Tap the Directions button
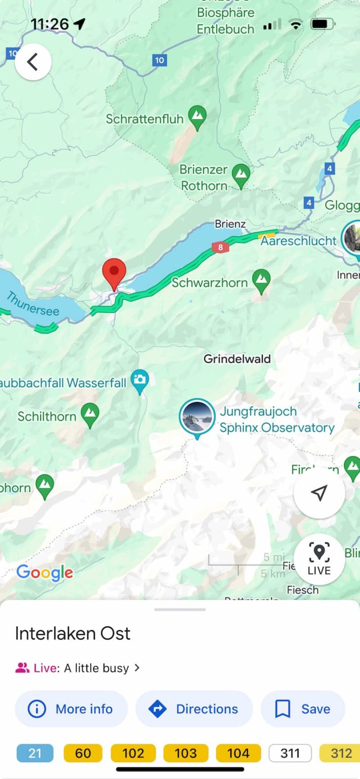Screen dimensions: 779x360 point(194,709)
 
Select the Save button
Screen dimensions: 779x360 point(303,709)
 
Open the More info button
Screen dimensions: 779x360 point(71,709)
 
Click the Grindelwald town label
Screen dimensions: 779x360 point(237,359)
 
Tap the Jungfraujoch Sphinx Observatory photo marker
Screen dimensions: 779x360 point(197,416)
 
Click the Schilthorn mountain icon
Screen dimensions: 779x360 point(90,415)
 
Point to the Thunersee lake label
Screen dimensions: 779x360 point(32,304)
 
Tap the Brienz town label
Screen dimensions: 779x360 point(230,224)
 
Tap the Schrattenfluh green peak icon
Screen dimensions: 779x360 point(197,117)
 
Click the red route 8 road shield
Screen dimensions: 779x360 point(221,247)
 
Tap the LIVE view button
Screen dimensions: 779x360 point(319,559)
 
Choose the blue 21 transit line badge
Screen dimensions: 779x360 point(35,753)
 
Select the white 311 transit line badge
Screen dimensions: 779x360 point(290,753)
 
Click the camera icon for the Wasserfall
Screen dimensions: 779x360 point(139,380)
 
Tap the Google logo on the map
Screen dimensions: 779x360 point(45,573)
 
